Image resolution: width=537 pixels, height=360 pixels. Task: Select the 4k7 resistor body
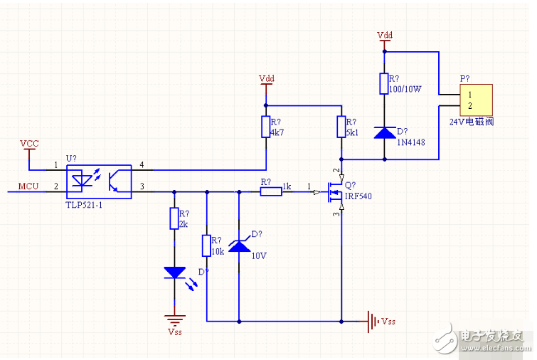click(x=265, y=126)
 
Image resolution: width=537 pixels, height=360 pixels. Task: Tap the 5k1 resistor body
click(x=341, y=127)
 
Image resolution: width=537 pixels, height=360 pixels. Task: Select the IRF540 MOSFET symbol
click(x=334, y=191)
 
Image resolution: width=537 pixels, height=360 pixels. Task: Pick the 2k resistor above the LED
click(x=174, y=218)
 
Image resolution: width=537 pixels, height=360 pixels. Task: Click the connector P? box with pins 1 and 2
click(x=475, y=100)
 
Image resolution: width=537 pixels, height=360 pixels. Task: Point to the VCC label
click(x=29, y=143)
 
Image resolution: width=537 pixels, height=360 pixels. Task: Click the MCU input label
click(x=28, y=186)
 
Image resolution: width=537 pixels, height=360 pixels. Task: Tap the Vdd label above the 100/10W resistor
click(x=385, y=34)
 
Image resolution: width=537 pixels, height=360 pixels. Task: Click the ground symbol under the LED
click(x=174, y=319)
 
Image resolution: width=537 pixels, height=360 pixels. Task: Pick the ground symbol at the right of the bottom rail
click(x=371, y=321)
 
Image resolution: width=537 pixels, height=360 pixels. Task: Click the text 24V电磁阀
click(x=471, y=122)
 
